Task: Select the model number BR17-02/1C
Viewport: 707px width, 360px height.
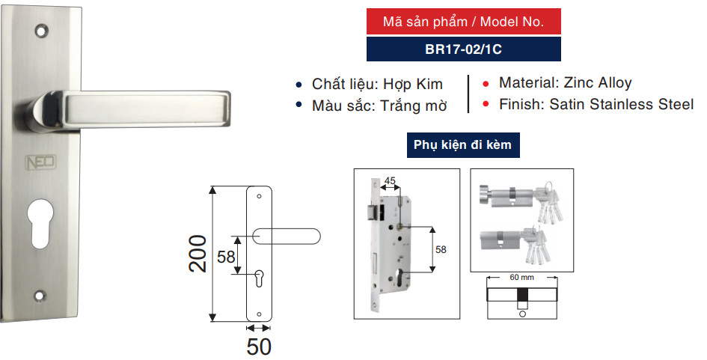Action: pos(463,49)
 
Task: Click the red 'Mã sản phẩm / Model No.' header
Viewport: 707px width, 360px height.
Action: pos(463,22)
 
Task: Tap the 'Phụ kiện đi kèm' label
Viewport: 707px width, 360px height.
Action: pos(463,144)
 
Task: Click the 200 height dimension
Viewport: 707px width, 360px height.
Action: pos(196,254)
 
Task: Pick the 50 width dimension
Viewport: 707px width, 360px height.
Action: pos(259,347)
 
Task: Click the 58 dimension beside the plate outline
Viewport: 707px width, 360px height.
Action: pos(226,257)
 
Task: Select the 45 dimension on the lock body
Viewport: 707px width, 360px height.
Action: pos(389,181)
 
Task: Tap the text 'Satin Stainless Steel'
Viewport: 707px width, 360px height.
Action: pos(622,104)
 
